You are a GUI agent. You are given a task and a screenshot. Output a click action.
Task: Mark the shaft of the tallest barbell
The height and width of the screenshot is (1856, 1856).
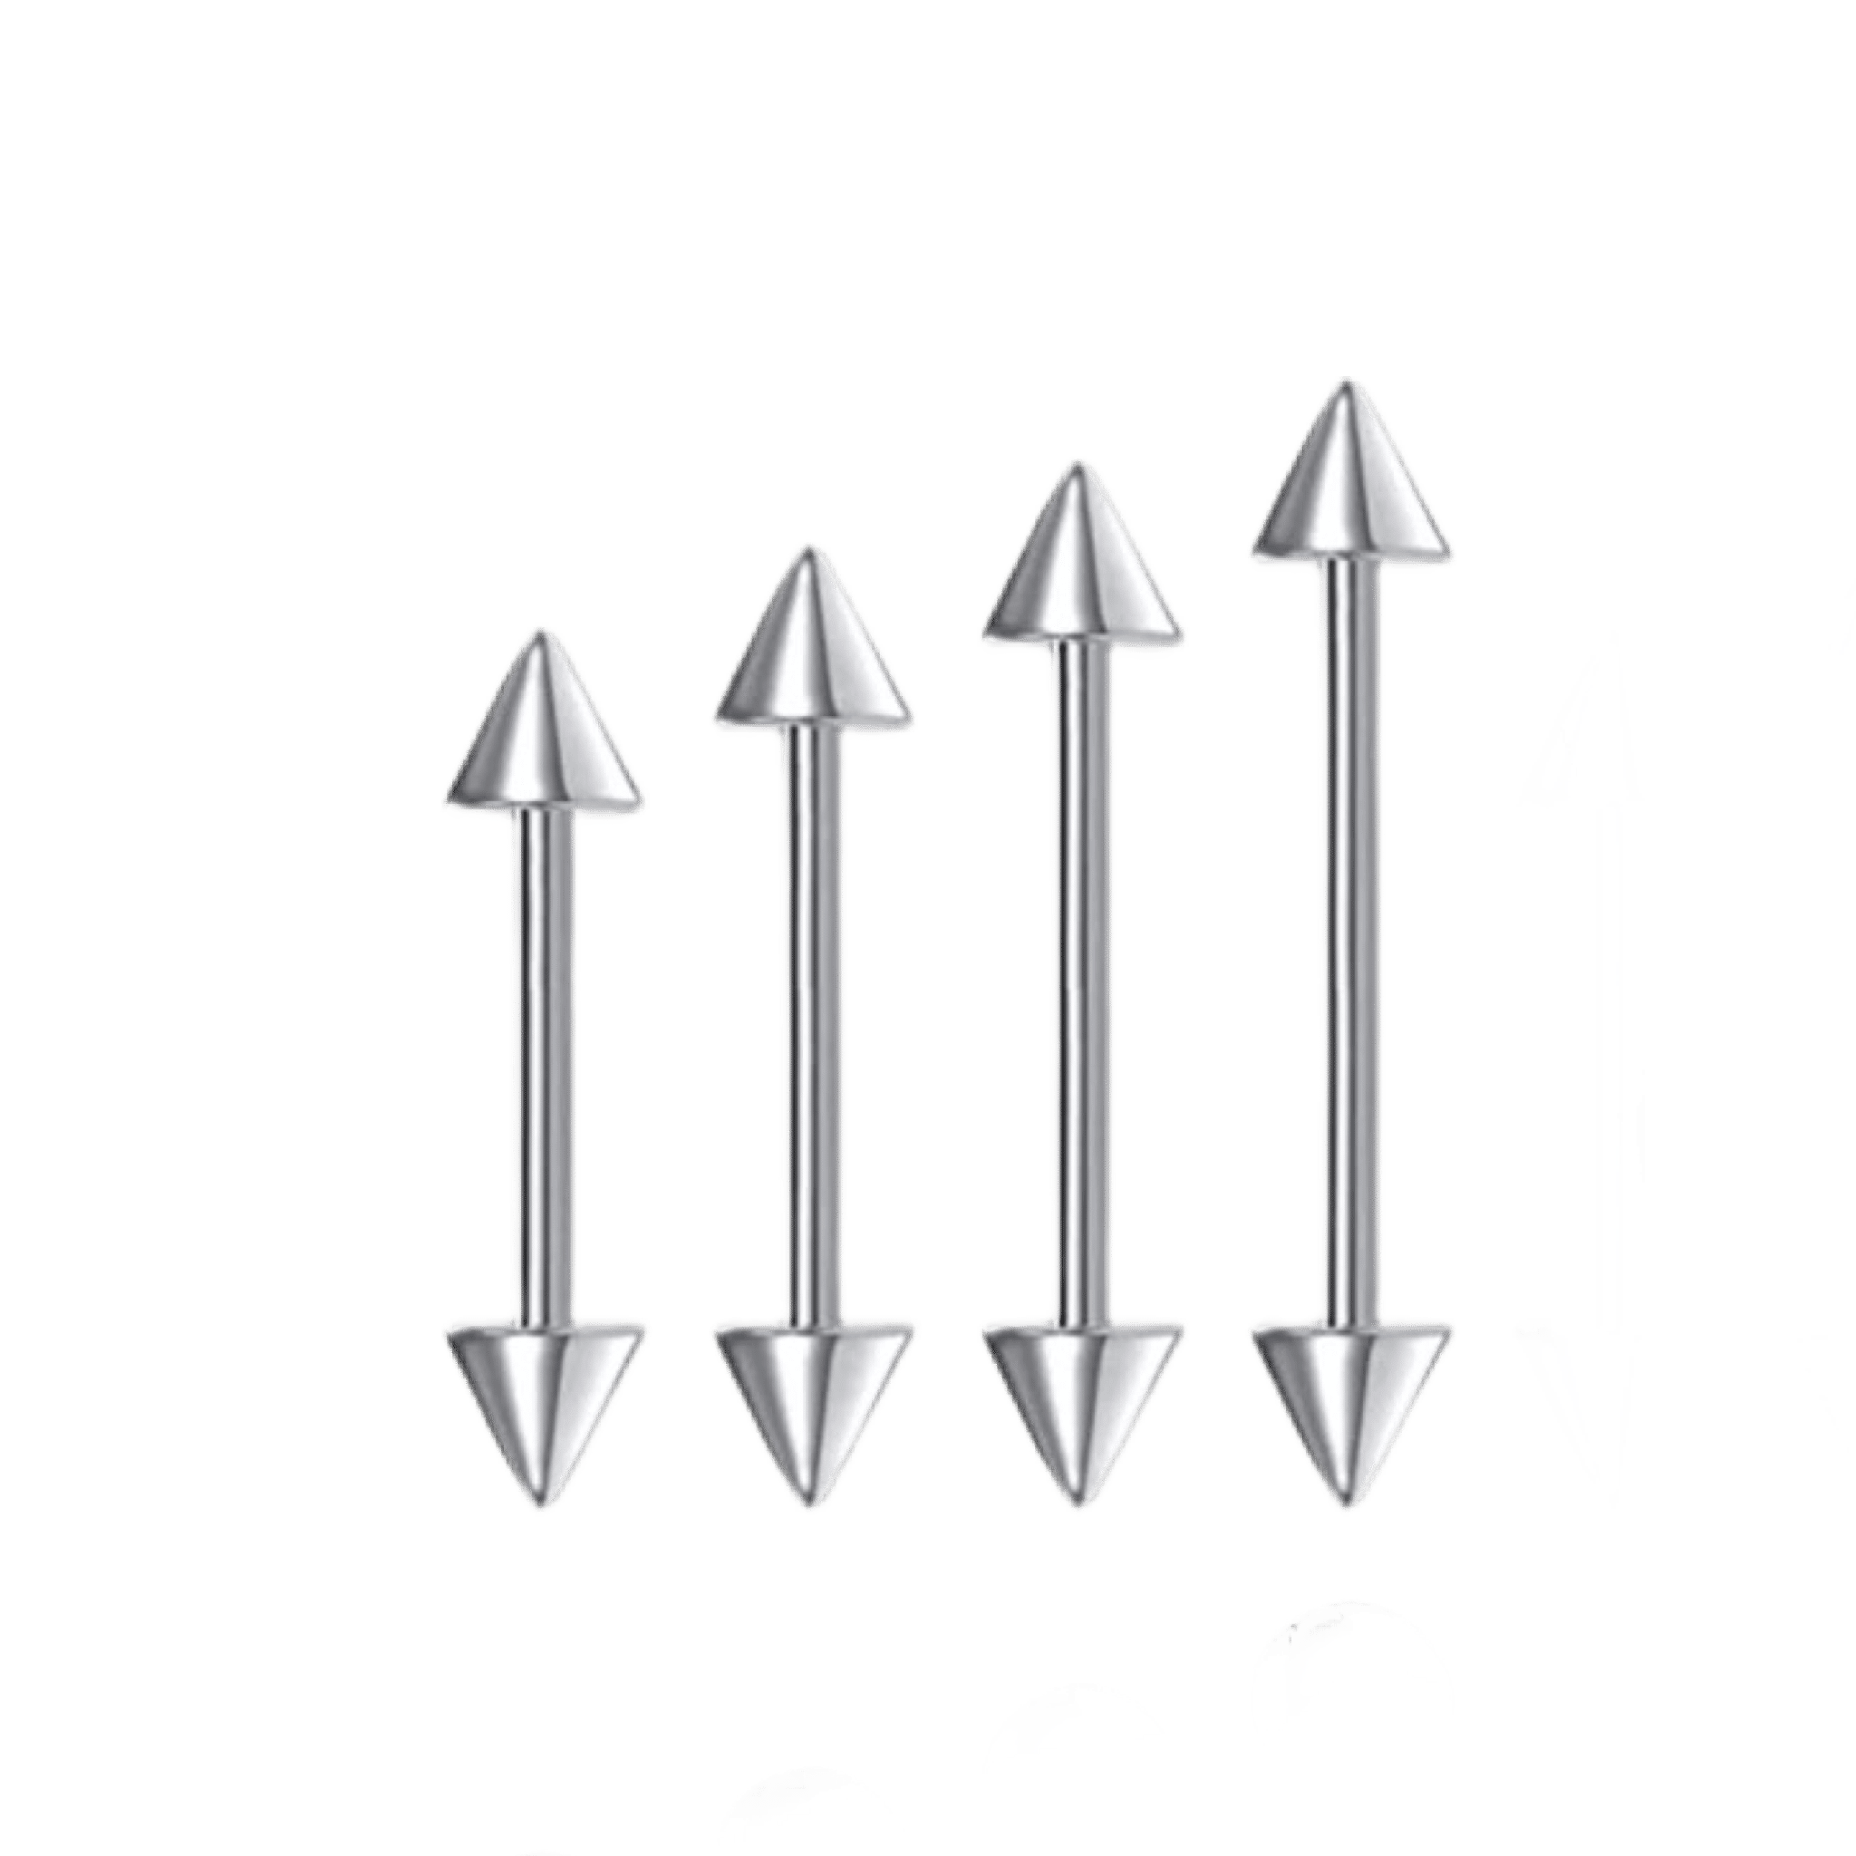(x=1350, y=942)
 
